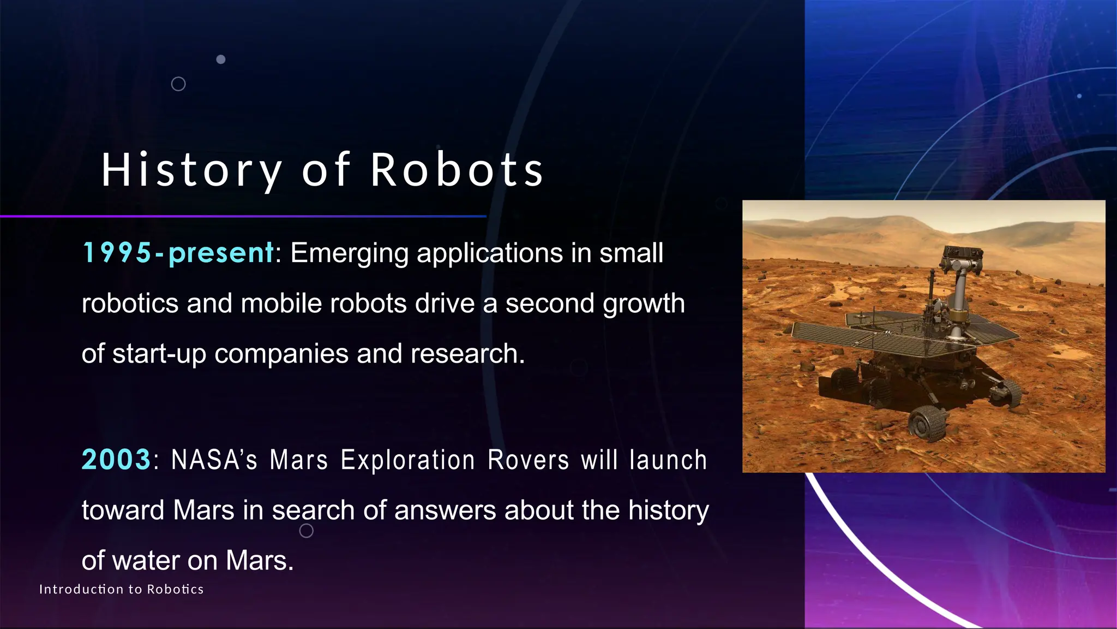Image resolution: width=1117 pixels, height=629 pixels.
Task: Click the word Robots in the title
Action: pyautogui.click(x=457, y=170)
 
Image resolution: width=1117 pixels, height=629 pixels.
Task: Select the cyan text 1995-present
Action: pyautogui.click(x=178, y=253)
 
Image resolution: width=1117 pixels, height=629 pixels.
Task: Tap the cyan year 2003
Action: pyautogui.click(x=116, y=459)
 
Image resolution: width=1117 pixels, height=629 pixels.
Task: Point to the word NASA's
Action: pyautogui.click(x=214, y=460)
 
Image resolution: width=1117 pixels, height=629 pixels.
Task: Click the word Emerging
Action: pyautogui.click(x=349, y=253)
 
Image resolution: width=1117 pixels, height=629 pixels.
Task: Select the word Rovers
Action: pyautogui.click(x=529, y=460)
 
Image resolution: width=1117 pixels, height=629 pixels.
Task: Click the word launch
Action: pyautogui.click(x=668, y=460)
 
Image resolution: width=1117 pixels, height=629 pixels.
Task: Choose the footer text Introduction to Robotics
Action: pyautogui.click(x=121, y=589)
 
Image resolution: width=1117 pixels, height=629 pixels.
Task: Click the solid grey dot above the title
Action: pyautogui.click(x=221, y=59)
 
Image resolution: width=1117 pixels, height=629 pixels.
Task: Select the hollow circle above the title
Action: pyautogui.click(x=178, y=84)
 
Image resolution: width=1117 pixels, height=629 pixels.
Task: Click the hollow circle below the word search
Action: pyautogui.click(x=307, y=531)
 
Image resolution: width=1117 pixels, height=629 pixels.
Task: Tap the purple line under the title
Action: pyautogui.click(x=243, y=217)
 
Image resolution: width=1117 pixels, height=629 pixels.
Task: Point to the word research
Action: pyautogui.click(x=467, y=354)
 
